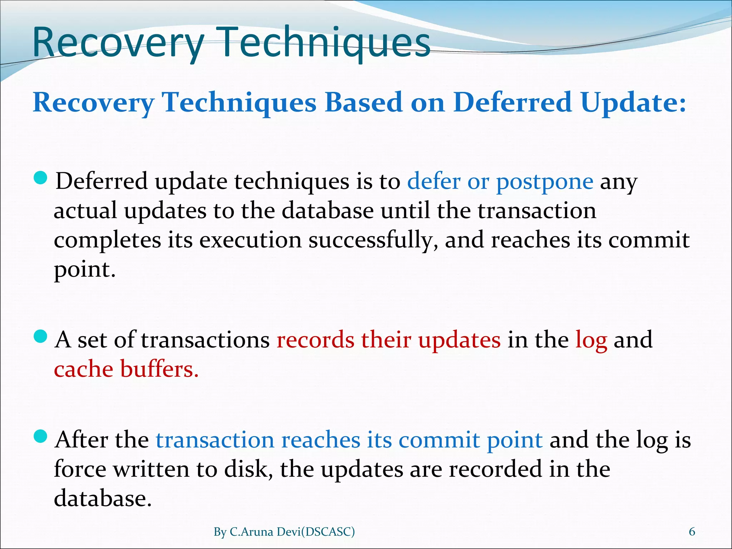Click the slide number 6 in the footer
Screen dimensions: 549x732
tap(692, 532)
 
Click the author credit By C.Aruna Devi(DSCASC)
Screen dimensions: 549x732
tap(284, 532)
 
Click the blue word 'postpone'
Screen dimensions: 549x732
tap(545, 182)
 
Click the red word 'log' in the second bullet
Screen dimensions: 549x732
tap(591, 340)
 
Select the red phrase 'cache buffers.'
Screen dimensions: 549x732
tap(126, 369)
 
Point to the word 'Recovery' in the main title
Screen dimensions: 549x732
tap(118, 43)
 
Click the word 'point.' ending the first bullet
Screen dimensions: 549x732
tap(85, 270)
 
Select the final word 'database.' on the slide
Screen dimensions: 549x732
tap(103, 499)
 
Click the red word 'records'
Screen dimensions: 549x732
tap(315, 340)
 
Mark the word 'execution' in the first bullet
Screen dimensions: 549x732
tap(250, 240)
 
